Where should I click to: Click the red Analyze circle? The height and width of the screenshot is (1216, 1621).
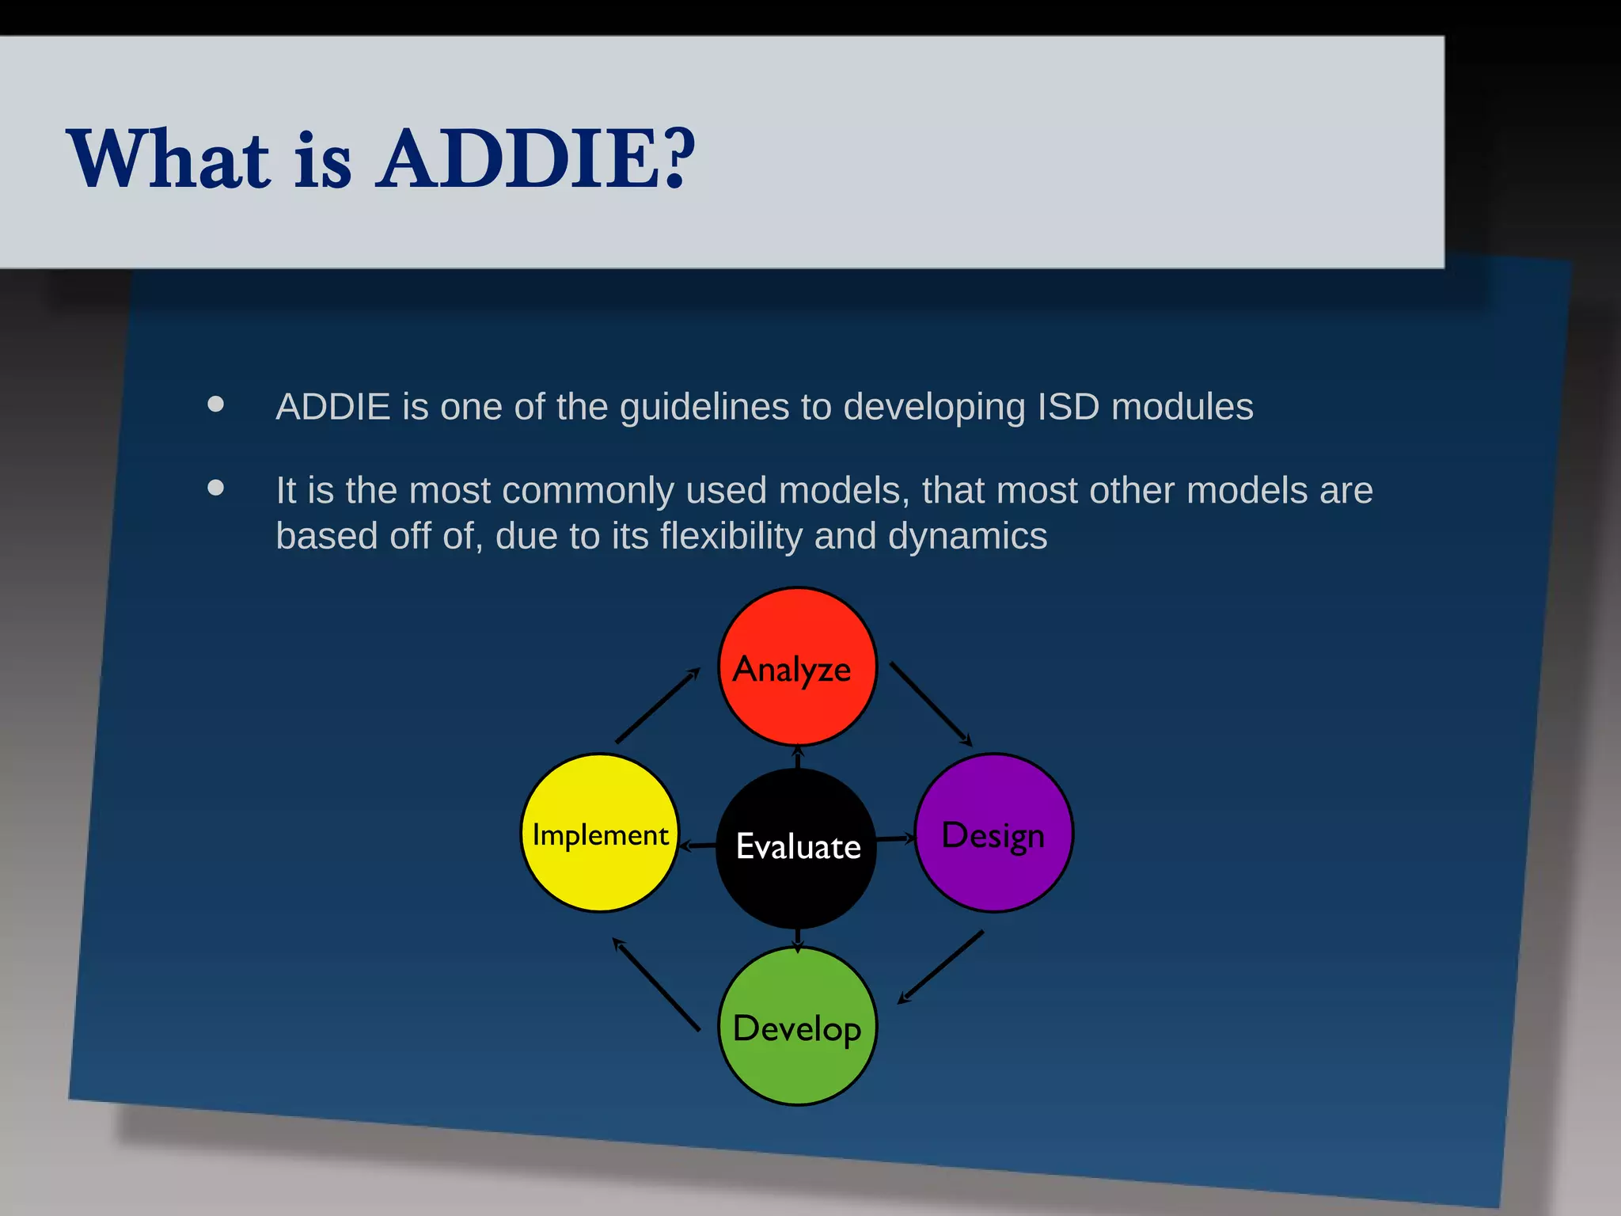797,667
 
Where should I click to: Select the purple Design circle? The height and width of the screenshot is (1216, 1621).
993,833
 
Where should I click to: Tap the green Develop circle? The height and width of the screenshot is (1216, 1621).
797,1027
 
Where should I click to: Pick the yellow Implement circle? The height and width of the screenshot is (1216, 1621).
600,833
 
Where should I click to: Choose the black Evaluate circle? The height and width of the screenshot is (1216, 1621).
797,847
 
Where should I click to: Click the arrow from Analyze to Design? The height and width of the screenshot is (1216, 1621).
931,704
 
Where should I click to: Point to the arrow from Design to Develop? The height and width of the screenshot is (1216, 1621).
941,967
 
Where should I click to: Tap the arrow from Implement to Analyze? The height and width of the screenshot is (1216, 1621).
658,705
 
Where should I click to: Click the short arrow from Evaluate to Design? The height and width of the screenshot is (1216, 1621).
896,838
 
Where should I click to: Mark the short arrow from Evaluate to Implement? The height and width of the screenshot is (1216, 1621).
698,845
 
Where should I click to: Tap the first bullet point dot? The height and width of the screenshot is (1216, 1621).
215,405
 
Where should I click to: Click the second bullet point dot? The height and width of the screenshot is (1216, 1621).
215,488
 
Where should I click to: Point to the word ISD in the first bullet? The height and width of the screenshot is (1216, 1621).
1069,407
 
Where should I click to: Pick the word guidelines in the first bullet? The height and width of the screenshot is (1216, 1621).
704,407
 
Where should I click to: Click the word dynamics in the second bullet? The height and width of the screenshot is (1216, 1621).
967,536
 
